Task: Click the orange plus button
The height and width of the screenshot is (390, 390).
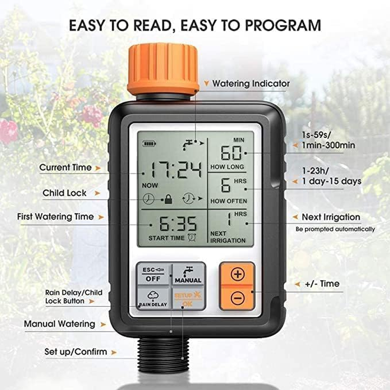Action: click(x=237, y=274)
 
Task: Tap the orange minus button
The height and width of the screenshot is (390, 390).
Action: click(x=237, y=298)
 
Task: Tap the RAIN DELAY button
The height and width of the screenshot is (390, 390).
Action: click(x=153, y=298)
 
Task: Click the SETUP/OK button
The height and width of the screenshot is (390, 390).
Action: click(x=188, y=298)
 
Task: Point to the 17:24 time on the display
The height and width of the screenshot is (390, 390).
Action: click(x=175, y=171)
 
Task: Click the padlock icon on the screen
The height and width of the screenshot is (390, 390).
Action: click(x=168, y=199)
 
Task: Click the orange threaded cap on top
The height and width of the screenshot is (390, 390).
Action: click(x=163, y=68)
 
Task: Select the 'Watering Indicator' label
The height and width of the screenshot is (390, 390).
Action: click(x=251, y=84)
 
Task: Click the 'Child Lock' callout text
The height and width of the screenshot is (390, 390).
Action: click(x=64, y=193)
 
